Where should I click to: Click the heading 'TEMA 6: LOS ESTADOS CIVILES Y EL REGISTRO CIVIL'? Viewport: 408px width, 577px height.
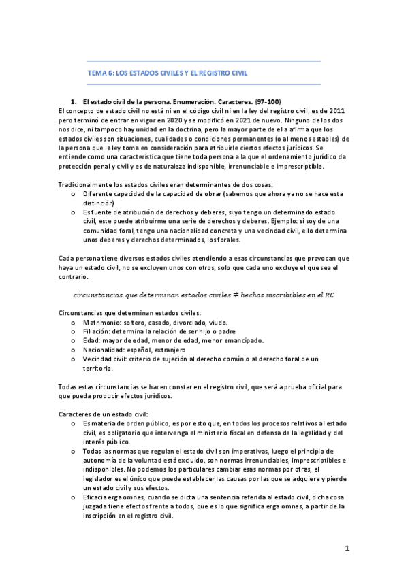(168, 72)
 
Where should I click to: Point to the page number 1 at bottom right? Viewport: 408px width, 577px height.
(346, 548)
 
